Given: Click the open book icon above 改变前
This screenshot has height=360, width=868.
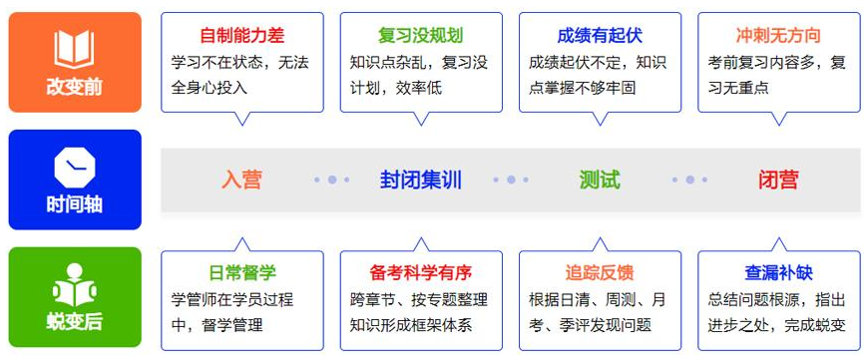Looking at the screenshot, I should [74, 49].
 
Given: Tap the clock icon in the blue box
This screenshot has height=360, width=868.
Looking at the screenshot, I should [74, 166].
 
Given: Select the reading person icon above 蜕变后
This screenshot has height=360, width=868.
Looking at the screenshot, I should [74, 283].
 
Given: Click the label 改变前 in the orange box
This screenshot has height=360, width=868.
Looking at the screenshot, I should [74, 87].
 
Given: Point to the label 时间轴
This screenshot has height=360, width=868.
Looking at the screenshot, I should [74, 205].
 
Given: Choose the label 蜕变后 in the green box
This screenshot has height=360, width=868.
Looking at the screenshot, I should [74, 322].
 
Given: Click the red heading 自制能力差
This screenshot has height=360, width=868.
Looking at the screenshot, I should [241, 36].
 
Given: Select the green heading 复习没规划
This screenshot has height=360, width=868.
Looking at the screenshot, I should [420, 36].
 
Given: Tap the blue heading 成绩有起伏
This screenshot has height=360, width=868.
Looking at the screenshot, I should [599, 36].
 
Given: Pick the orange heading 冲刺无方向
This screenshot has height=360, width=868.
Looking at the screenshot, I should [778, 36].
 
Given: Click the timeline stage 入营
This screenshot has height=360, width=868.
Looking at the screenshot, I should [241, 180].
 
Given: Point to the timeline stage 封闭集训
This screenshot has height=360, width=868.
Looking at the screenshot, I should [420, 180].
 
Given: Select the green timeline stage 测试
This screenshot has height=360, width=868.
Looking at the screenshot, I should [599, 180].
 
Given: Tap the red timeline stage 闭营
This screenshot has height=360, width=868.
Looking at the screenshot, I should [778, 180].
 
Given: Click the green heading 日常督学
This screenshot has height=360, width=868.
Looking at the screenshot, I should [241, 272].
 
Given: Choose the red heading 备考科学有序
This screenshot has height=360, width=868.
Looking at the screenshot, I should [420, 272].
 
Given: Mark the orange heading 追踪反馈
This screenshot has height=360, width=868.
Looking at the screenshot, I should [599, 272].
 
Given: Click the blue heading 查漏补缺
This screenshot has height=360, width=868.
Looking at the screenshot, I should [778, 272].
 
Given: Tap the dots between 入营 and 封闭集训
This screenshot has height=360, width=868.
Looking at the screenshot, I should [331, 180].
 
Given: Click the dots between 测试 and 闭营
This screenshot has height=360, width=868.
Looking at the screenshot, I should [688, 180].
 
